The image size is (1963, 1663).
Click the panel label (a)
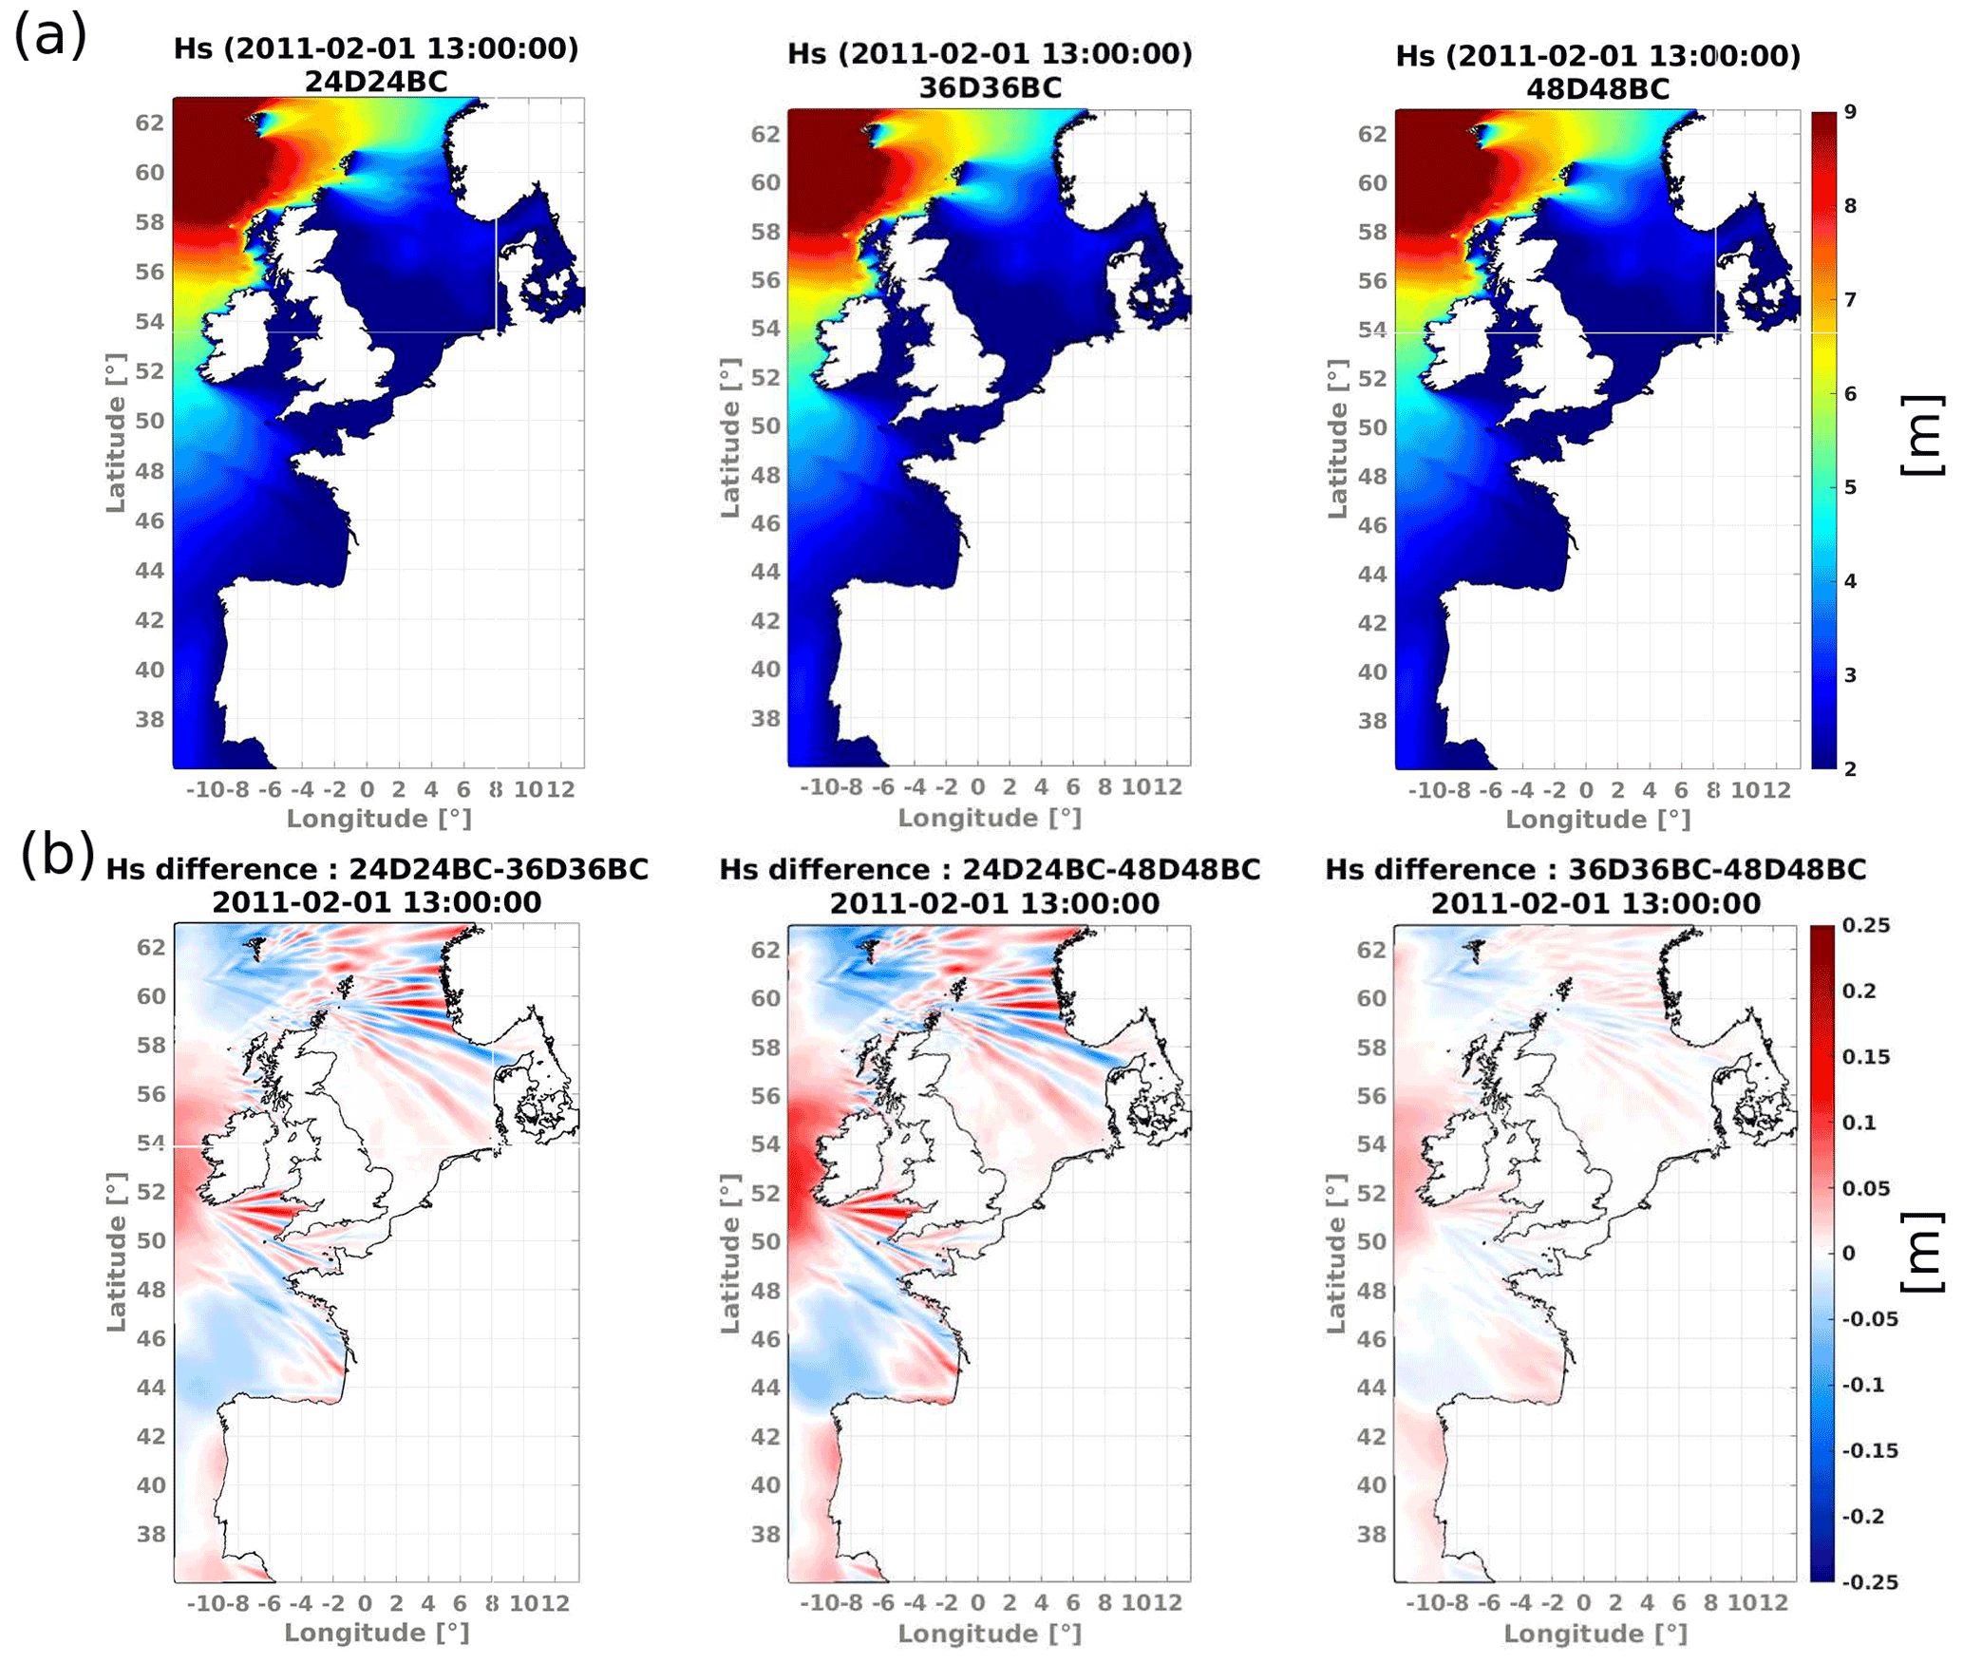click(49, 36)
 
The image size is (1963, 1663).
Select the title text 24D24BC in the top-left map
click(376, 83)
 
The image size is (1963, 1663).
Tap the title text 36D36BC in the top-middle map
click(990, 88)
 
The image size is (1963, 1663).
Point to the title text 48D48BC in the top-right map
click(1597, 89)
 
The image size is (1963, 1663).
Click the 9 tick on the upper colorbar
click(1850, 112)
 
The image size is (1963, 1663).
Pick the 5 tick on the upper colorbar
click(1850, 487)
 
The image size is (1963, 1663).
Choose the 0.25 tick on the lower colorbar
click(1866, 926)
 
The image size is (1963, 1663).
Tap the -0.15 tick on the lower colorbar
click(1870, 1450)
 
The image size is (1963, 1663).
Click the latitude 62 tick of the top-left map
click(149, 123)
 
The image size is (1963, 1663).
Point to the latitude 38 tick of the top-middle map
click(765, 718)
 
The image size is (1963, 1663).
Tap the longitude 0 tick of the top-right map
click(1586, 790)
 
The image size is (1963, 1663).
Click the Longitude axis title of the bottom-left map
click(377, 1633)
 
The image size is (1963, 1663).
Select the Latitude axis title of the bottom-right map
click(1336, 1254)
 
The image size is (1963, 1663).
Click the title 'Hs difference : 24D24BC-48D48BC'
click(990, 869)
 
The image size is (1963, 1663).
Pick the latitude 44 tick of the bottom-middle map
click(765, 1388)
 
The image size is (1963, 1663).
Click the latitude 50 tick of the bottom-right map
click(1370, 1241)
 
